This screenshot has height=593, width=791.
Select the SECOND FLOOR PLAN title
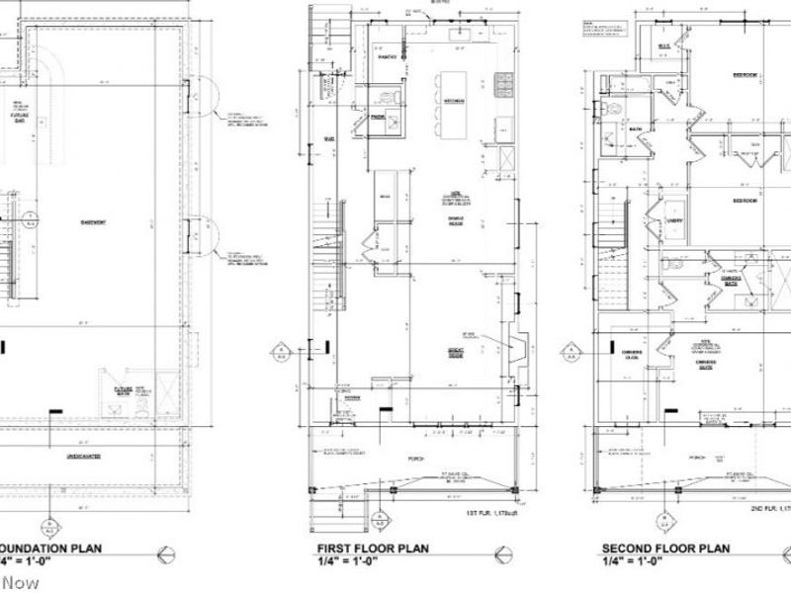665,550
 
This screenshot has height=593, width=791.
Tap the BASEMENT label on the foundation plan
94,221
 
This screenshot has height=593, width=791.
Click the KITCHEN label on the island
454,101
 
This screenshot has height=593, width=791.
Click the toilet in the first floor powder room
394,97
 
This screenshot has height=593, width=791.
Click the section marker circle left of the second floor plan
570,350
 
